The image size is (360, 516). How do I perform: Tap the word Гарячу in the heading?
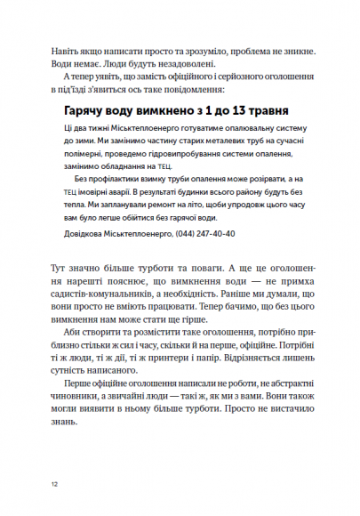tap(86, 109)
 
